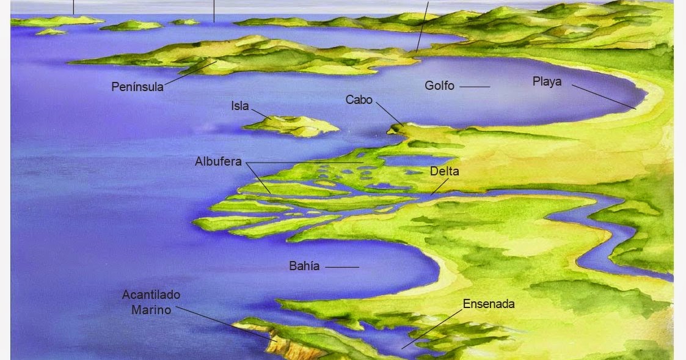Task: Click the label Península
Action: pyautogui.click(x=137, y=87)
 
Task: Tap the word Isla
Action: pyautogui.click(x=239, y=106)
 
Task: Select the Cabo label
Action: pyautogui.click(x=359, y=99)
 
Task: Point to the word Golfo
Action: pyautogui.click(x=439, y=86)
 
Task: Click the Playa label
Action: pyautogui.click(x=547, y=81)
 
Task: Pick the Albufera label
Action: pyautogui.click(x=218, y=162)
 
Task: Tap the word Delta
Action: pyautogui.click(x=444, y=171)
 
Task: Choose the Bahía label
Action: pyautogui.click(x=304, y=266)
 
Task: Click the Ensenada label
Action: pyautogui.click(x=489, y=304)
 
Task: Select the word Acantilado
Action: pyautogui.click(x=151, y=295)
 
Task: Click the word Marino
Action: pyautogui.click(x=151, y=309)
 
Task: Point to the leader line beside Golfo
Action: pyautogui.click(x=475, y=87)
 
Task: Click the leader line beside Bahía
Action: pyautogui.click(x=342, y=267)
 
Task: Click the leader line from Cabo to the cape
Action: pyautogui.click(x=389, y=113)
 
